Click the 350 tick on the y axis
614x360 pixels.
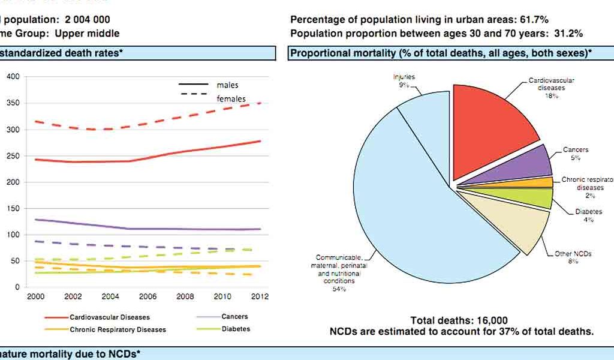13,103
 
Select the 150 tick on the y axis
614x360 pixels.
13,209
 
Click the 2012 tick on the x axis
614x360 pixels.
259,296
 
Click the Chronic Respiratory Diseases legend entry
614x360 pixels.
118,329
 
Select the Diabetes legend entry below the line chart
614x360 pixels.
236,329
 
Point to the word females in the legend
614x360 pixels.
231,98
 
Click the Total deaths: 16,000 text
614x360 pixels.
459,320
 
